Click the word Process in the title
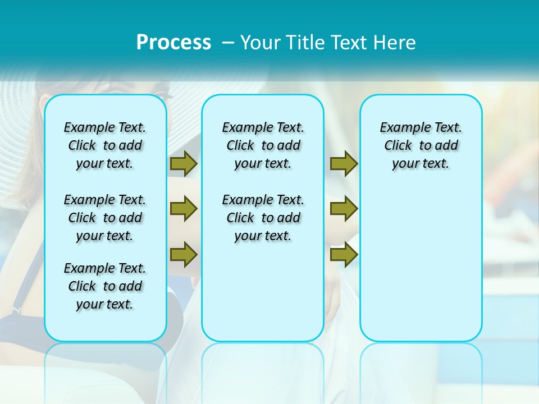[x=173, y=43]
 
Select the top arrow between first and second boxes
[x=184, y=163]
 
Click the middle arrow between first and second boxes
[x=184, y=209]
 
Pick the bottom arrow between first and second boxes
[x=184, y=254]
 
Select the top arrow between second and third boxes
[x=344, y=163]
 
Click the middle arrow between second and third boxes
[x=344, y=209]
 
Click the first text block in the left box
[x=105, y=145]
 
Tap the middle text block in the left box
[x=105, y=218]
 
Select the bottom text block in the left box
[x=105, y=286]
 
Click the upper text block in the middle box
[x=263, y=145]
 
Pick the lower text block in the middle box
[x=263, y=218]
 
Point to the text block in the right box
[x=421, y=145]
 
